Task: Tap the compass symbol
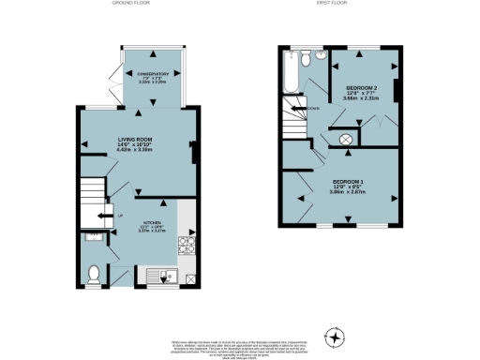pyautogui.click(x=334, y=335)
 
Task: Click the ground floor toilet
pyautogui.click(x=94, y=274)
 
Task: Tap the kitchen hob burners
pyautogui.click(x=186, y=246)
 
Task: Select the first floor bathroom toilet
pyautogui.click(x=319, y=56)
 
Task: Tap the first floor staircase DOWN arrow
pyautogui.click(x=302, y=109)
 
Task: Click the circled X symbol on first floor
pyautogui.click(x=345, y=141)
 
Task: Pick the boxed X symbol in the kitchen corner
pyautogui.click(x=190, y=278)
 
